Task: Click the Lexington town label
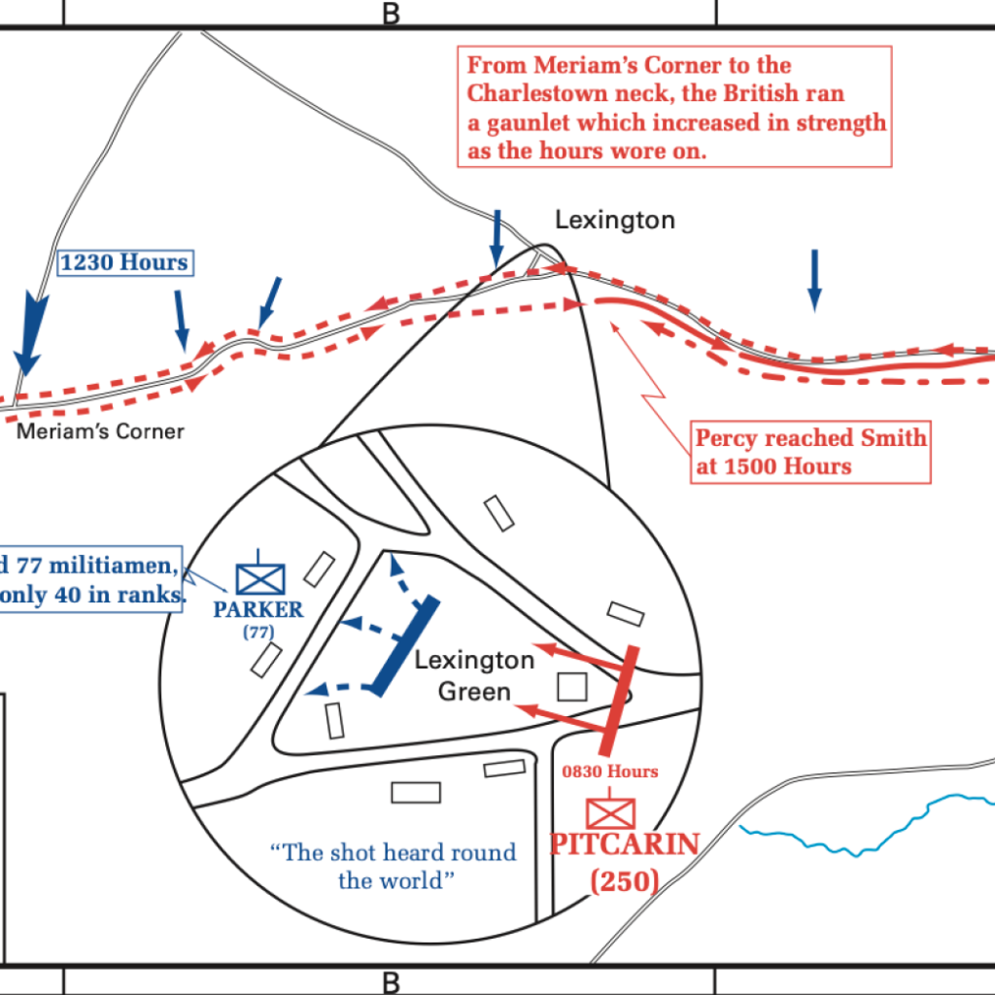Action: [x=615, y=221]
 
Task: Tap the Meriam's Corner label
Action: [x=100, y=431]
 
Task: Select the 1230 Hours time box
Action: [x=125, y=262]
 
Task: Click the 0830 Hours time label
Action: [x=610, y=772]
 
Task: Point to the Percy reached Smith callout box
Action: [x=810, y=452]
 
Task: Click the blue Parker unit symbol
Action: [x=260, y=577]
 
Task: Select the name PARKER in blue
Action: [x=258, y=609]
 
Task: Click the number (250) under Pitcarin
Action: [x=625, y=880]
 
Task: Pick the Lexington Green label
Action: [x=474, y=676]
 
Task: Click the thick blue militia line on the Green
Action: [x=404, y=646]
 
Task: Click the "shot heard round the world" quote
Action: [x=395, y=866]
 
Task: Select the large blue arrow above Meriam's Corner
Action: [x=30, y=332]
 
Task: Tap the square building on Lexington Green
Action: [x=571, y=687]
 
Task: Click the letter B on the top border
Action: [x=392, y=14]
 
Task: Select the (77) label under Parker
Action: [x=258, y=632]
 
